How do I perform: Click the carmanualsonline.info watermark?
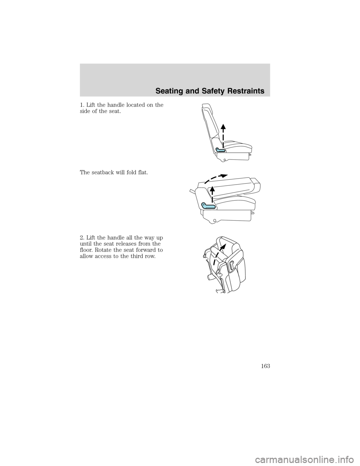click(300, 459)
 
